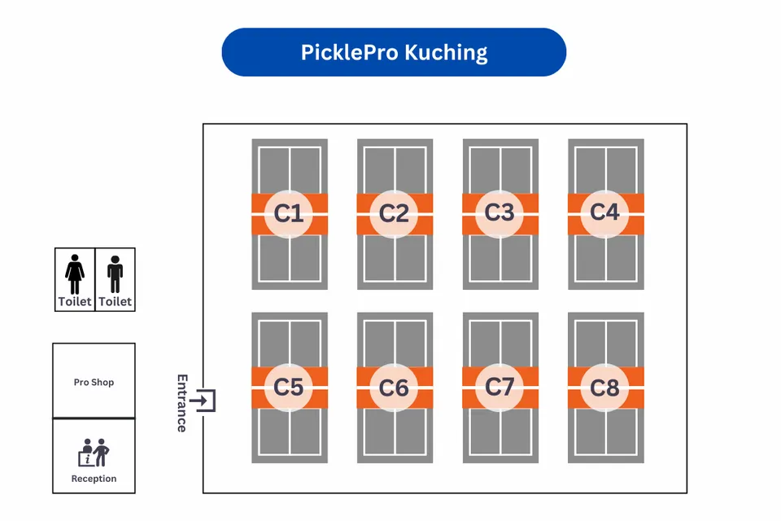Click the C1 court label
click(x=289, y=213)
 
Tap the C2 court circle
click(x=395, y=213)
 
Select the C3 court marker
click(x=500, y=212)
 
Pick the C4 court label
click(x=604, y=212)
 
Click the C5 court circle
click(x=289, y=387)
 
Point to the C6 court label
click(x=395, y=387)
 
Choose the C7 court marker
click(x=500, y=387)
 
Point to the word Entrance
click(x=182, y=403)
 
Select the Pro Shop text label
click(x=94, y=382)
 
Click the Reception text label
click(x=94, y=479)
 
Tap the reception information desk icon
click(x=94, y=452)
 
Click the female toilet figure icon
click(x=75, y=274)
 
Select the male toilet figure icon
click(x=115, y=274)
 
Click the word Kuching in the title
click(x=447, y=53)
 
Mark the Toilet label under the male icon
click(x=115, y=302)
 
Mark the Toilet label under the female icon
click(x=75, y=302)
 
